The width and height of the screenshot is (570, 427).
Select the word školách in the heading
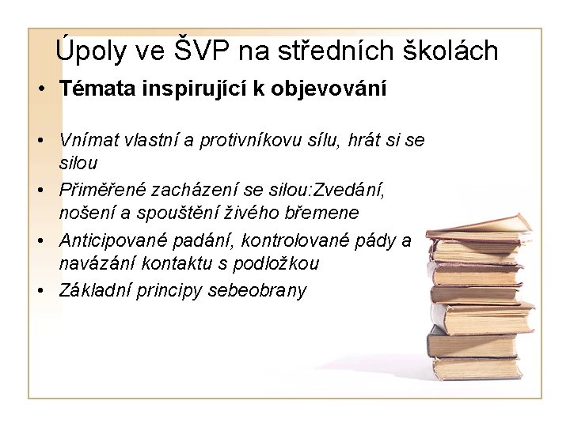[x=454, y=51]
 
